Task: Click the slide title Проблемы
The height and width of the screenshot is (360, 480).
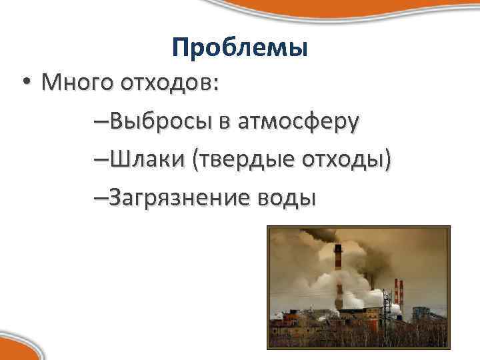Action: (x=239, y=47)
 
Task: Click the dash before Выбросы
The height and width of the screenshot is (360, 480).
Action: (x=101, y=123)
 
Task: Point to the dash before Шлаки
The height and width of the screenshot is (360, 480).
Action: (x=101, y=161)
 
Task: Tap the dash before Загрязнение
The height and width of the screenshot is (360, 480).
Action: (x=101, y=199)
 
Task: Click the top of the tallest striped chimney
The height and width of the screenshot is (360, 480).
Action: (x=338, y=249)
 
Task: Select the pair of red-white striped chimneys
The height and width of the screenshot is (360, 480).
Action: (x=398, y=293)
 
